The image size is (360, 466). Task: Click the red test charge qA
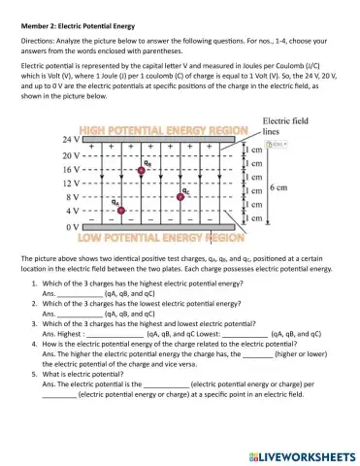[120, 210]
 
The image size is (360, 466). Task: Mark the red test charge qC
[181, 196]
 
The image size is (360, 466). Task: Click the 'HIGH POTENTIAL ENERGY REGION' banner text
[160, 129]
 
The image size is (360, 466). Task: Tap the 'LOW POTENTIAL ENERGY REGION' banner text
[160, 236]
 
